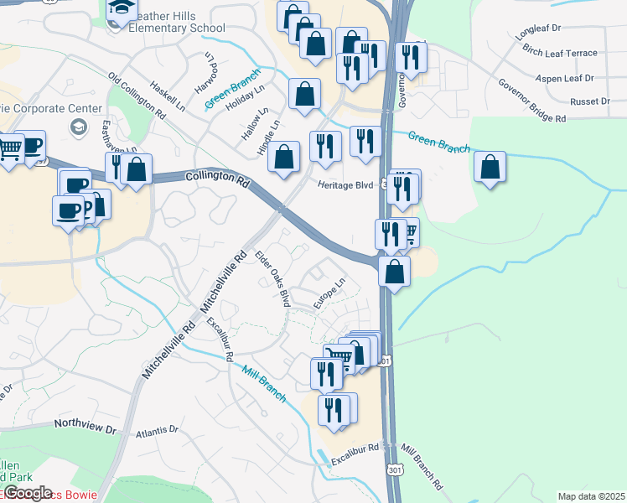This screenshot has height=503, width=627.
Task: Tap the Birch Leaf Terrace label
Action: click(x=559, y=53)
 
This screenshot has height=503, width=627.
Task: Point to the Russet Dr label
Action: click(x=589, y=101)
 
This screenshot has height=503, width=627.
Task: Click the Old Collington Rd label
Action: click(x=137, y=93)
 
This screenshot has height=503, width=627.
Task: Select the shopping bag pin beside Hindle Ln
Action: click(x=286, y=156)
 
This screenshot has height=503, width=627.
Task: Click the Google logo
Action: click(x=27, y=493)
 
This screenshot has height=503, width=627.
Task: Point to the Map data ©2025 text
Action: click(x=591, y=496)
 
